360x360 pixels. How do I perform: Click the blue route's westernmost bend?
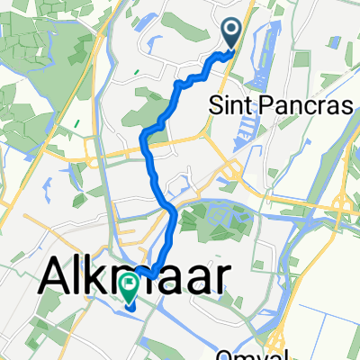click(x=144, y=137)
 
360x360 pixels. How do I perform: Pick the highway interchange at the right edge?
click(x=345, y=211)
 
